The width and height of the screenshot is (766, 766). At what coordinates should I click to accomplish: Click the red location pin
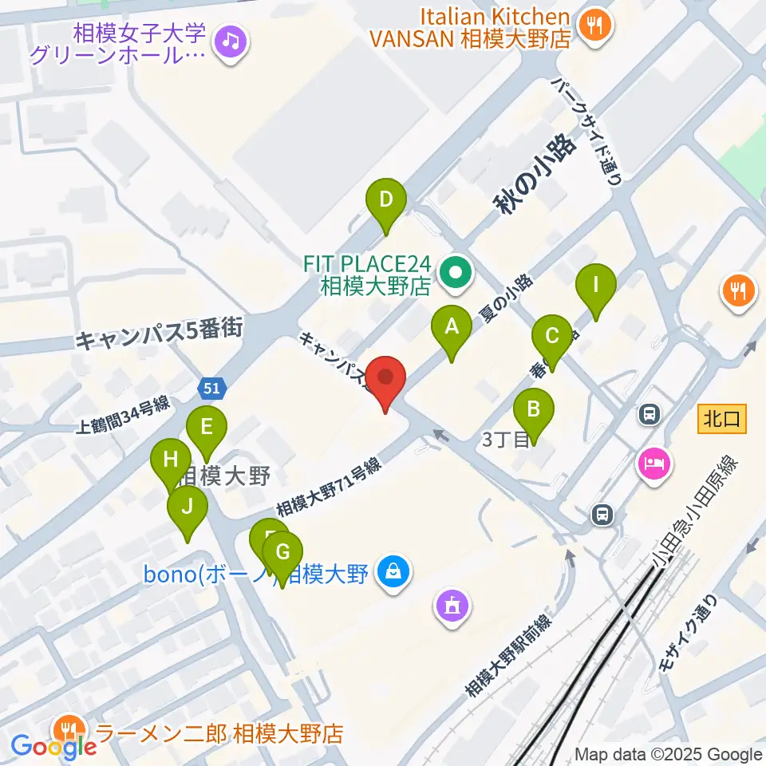[x=385, y=380]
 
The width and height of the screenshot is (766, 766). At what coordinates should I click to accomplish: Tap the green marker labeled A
[x=452, y=327]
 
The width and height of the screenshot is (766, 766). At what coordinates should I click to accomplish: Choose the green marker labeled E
[x=207, y=428]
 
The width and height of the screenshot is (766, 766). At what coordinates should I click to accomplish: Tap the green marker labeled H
[x=171, y=460]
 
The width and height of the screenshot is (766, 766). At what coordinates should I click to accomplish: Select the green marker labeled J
[x=188, y=507]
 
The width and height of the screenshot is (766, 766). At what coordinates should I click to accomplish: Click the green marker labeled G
[x=282, y=552]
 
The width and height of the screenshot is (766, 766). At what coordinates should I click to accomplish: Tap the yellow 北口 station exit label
[x=722, y=419]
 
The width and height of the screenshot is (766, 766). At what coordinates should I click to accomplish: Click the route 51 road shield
[x=211, y=389]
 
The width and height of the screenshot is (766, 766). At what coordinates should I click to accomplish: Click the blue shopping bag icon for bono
[x=393, y=572]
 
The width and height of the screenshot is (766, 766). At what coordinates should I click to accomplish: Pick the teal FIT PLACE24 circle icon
[x=456, y=274]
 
